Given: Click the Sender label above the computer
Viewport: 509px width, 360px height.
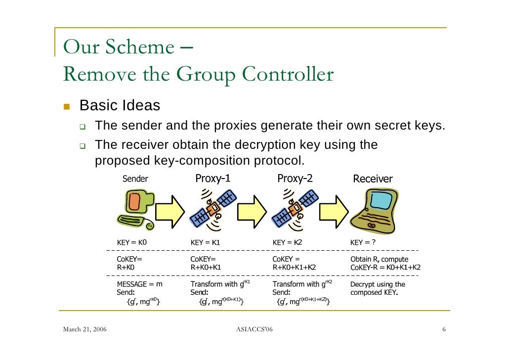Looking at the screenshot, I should pos(135,179).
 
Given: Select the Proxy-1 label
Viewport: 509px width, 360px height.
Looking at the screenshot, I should pos(212,179).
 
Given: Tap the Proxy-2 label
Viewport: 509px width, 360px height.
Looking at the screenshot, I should pos(295,179).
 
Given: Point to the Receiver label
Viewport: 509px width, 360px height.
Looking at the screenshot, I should pos(373,179).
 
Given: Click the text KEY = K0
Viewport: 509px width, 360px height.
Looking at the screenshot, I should pos(132,243).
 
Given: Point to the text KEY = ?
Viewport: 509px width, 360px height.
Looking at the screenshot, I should pos(363,243).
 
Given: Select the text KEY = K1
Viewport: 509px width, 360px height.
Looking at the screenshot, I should pos(205,243).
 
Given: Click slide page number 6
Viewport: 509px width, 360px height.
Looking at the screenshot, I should pos(444,330).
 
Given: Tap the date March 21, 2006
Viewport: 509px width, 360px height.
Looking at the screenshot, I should pos(87,330).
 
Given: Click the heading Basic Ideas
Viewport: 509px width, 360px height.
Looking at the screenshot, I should pos(120,106).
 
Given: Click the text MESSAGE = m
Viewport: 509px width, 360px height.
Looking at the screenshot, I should pos(139,284).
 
